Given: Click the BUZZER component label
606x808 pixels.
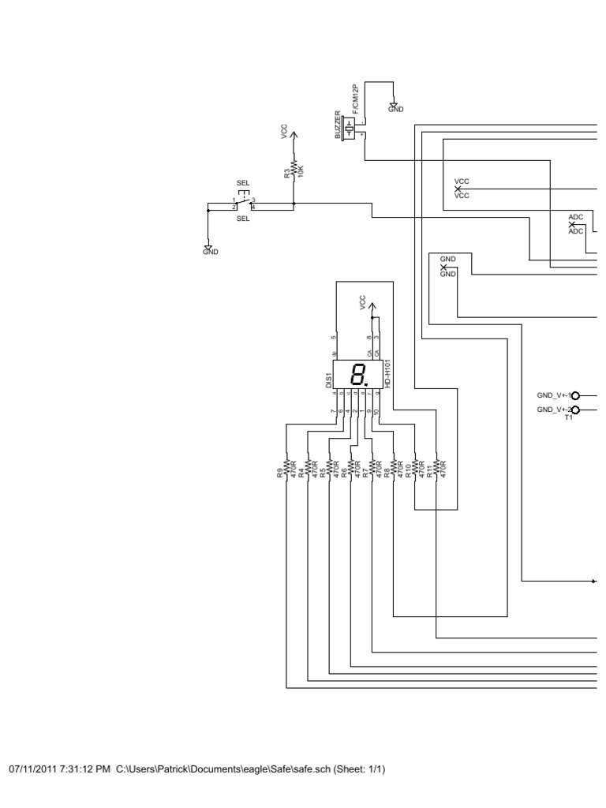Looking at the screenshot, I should point(339,125).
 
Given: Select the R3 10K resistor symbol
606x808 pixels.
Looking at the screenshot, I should point(294,169).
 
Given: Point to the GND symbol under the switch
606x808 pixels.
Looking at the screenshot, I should point(207,248).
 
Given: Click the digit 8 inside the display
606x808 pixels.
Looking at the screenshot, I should point(359,374).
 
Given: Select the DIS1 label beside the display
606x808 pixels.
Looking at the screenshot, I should point(328,381).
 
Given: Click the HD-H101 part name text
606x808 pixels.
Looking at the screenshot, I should point(388,373).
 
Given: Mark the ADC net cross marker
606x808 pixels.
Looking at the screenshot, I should point(572,225).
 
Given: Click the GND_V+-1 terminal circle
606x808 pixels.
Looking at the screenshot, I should point(574,395).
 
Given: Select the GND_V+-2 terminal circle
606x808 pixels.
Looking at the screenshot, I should point(574,410).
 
